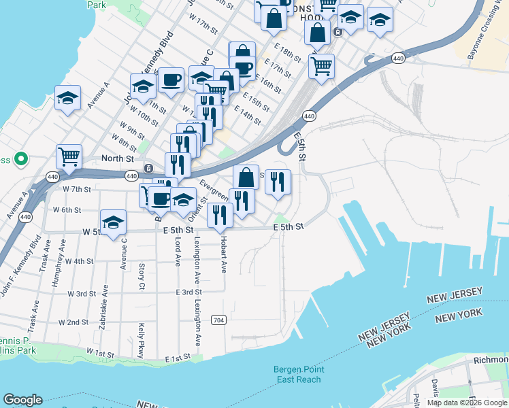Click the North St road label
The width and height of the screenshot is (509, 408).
pos(116,158)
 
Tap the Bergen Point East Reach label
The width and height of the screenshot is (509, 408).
pos(299,374)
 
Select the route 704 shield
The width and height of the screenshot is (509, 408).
pos(218,320)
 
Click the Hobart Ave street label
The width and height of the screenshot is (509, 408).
pos(223,255)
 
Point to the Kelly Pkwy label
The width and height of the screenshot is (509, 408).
pos(142,340)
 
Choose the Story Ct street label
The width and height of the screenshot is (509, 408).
pos(142,275)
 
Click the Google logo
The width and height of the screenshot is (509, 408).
pos(22,400)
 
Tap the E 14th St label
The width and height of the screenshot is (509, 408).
pos(247,114)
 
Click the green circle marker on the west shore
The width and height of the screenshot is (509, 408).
pos(21,160)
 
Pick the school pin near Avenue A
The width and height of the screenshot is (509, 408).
pos(68,99)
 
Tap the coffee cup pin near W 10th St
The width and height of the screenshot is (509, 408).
pos(171,80)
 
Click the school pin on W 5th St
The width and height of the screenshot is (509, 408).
pos(114,222)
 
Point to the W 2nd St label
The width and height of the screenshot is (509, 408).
pos(73,322)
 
